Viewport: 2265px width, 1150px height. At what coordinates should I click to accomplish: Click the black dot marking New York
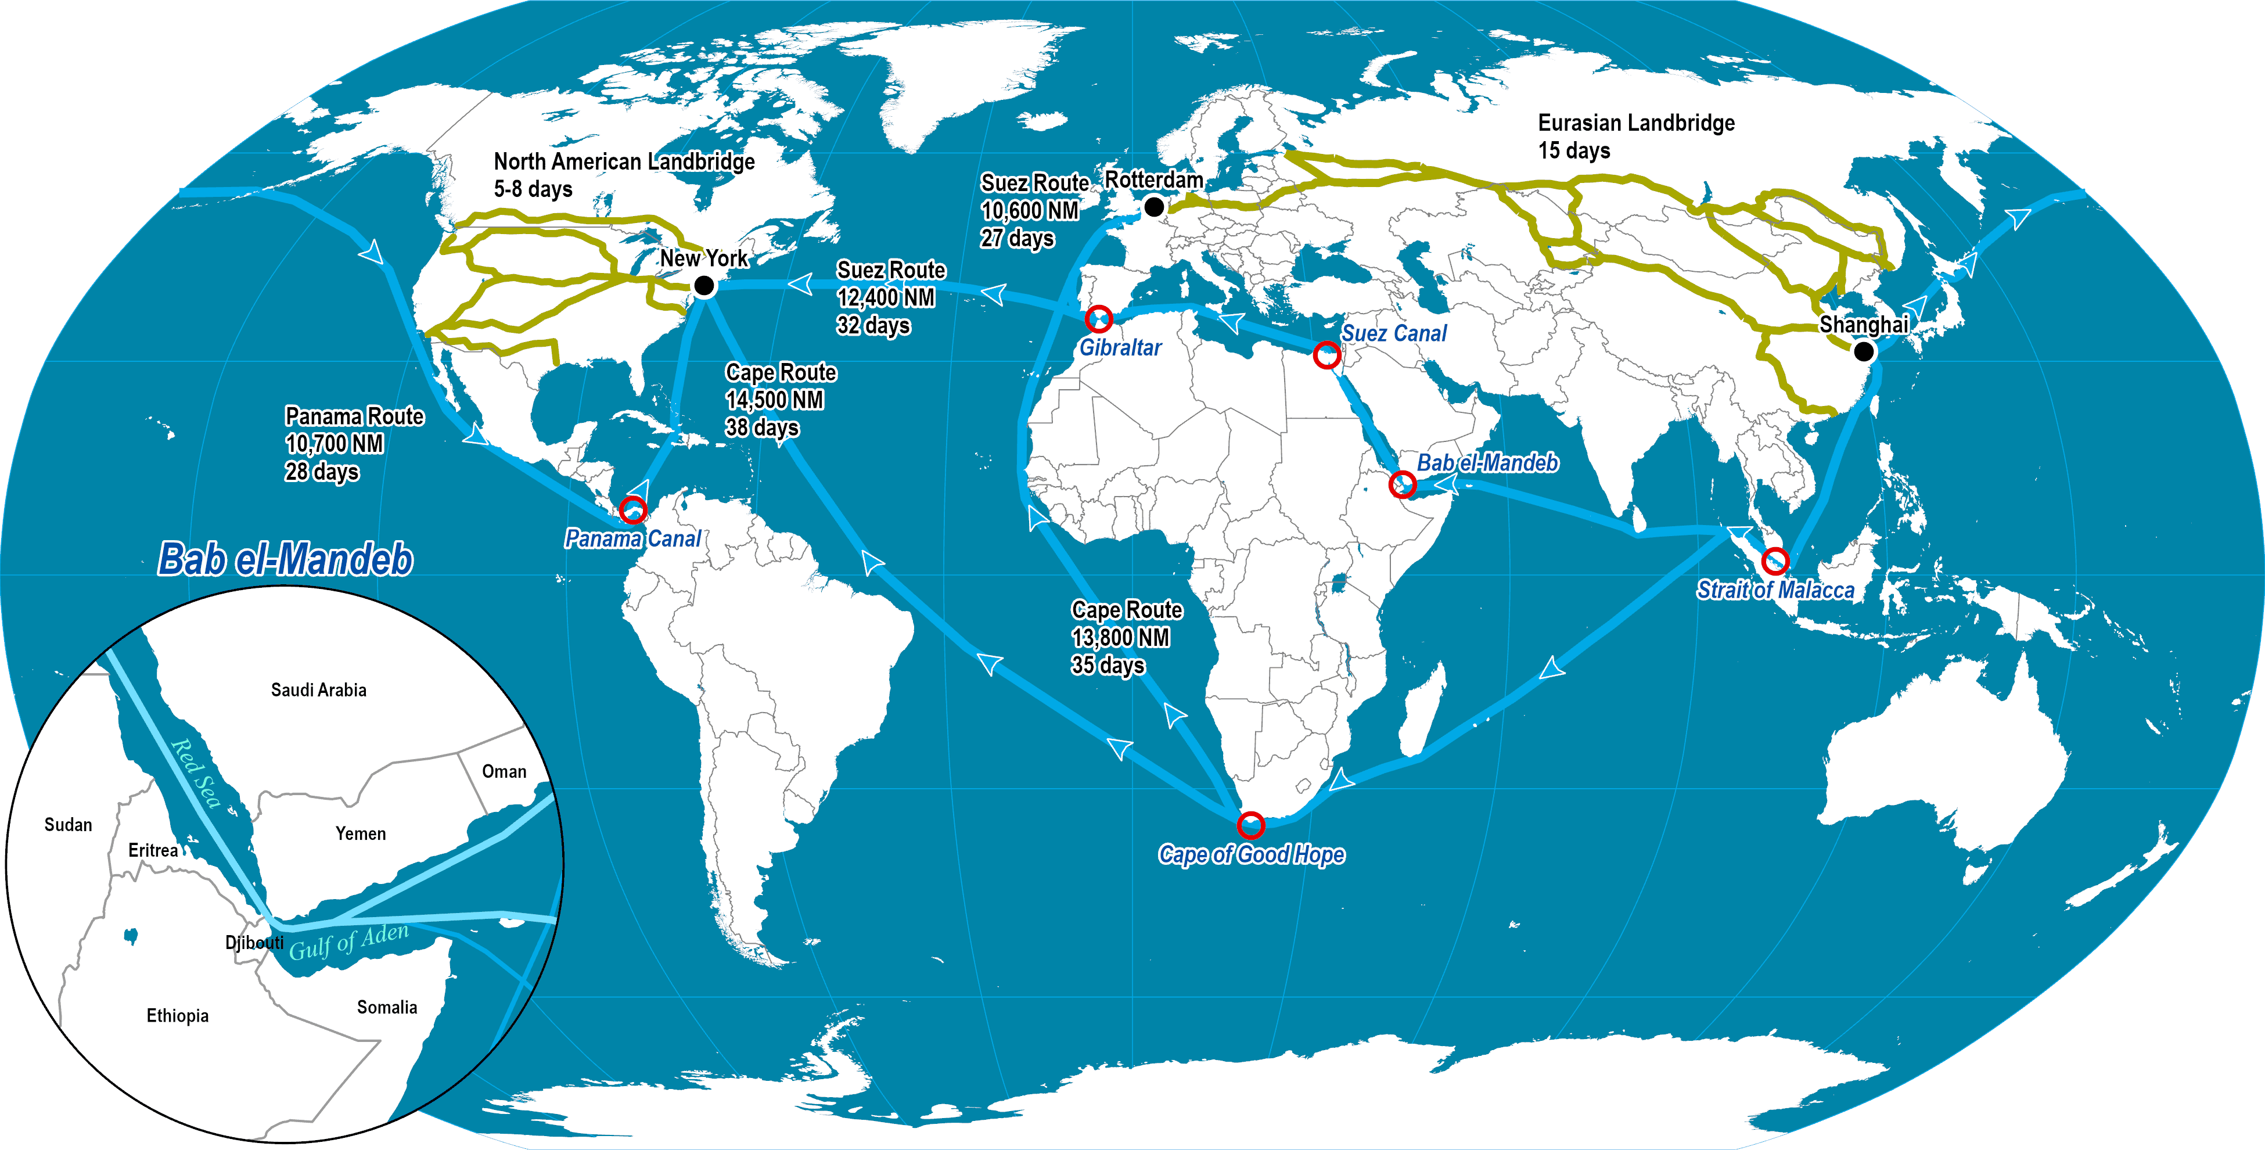tap(703, 286)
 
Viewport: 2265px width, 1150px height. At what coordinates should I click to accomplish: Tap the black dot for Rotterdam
tap(1155, 207)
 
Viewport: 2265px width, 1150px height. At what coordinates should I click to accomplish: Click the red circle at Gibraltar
tap(1099, 318)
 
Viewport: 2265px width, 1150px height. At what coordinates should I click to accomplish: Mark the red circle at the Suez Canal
tap(1327, 355)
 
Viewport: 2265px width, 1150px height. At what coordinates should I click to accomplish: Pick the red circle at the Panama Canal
tap(633, 509)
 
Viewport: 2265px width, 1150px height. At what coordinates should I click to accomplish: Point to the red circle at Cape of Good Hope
tap(1250, 825)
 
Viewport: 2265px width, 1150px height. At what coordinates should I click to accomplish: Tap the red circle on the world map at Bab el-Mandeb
tap(1403, 484)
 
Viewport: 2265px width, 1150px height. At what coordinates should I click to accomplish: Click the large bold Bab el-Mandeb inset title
tap(285, 559)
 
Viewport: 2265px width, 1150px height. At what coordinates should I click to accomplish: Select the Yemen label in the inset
tap(361, 833)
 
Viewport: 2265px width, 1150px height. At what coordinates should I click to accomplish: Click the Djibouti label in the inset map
tap(254, 943)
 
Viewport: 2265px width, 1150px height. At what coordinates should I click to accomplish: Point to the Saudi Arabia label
tap(318, 690)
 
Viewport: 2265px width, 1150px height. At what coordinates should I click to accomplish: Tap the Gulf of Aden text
tap(349, 941)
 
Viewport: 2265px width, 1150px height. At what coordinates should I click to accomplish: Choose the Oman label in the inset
tap(504, 772)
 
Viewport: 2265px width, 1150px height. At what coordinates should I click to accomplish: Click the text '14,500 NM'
tap(774, 400)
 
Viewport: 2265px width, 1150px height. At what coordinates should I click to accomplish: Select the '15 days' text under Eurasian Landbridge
tap(1574, 150)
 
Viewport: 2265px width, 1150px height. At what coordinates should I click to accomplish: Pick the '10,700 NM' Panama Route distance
tap(334, 444)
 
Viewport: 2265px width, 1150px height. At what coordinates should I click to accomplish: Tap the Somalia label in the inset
tap(387, 1008)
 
